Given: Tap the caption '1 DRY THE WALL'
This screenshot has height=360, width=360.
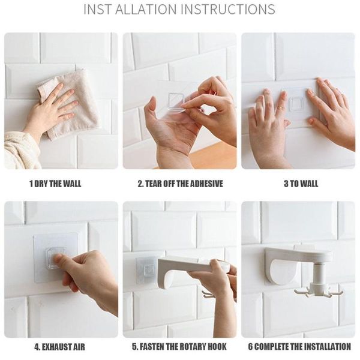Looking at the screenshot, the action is (55, 184).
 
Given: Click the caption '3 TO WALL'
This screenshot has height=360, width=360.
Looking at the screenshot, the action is (301, 184).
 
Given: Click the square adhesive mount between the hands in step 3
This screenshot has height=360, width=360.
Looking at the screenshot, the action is (296, 104).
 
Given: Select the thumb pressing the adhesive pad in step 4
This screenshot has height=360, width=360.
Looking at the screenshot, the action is (60, 260).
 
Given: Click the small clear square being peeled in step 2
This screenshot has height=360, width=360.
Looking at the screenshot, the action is (176, 101).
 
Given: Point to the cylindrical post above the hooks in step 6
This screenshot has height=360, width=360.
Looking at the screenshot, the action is (319, 273).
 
